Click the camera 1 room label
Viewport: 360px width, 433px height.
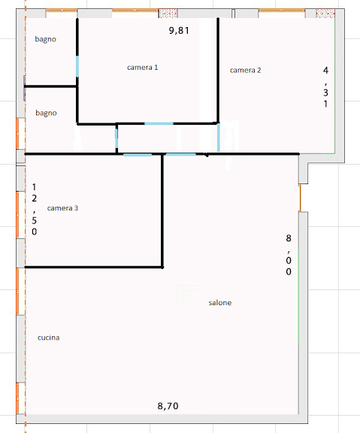[143, 68]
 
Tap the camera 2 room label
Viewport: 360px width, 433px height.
[246, 70]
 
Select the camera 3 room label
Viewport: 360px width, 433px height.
[62, 208]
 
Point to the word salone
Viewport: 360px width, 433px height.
[220, 303]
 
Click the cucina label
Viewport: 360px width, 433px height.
[49, 338]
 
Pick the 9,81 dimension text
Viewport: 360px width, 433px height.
[179, 30]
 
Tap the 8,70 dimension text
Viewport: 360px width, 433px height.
[168, 406]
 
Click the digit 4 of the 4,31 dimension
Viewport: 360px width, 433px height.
[325, 71]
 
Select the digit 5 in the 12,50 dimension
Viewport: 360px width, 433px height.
[35, 220]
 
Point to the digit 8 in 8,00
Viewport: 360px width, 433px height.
[289, 238]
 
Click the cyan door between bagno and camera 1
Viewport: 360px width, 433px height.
[77, 67]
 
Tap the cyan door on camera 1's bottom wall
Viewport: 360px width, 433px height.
[159, 124]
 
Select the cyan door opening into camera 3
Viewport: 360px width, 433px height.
[138, 155]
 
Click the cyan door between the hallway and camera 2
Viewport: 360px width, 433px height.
[219, 138]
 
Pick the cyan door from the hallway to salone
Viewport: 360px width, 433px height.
[181, 154]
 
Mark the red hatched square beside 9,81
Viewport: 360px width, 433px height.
[168, 14]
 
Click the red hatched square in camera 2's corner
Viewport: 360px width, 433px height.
[325, 14]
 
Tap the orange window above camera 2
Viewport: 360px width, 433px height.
[282, 11]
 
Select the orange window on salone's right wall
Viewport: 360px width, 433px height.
[300, 198]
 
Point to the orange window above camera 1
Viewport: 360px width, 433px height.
[135, 11]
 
